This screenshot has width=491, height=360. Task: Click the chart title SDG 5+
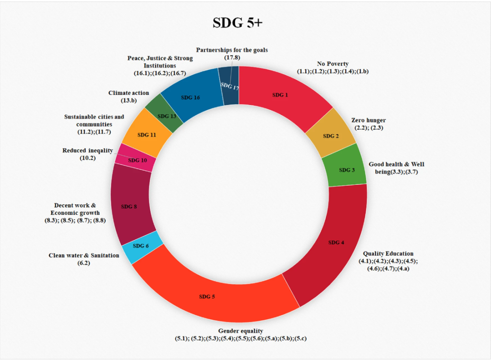238,23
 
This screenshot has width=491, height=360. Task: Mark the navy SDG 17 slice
229,86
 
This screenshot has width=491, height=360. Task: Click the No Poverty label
333,64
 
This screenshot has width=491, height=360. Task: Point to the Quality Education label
388,254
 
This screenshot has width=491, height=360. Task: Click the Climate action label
129,93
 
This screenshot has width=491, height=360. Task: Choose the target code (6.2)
84,263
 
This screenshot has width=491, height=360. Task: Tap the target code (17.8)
232,58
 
